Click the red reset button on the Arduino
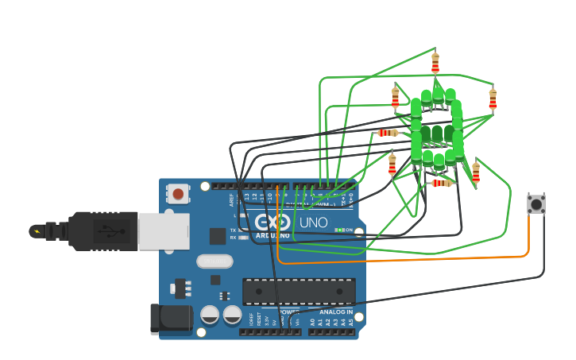(x=178, y=194)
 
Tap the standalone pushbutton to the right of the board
(x=536, y=203)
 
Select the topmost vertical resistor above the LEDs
(x=435, y=61)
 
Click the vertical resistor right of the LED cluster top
(x=493, y=99)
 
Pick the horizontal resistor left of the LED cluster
(x=387, y=133)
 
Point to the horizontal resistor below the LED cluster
(x=441, y=183)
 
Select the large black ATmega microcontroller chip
(x=299, y=291)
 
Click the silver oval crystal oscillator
(x=215, y=261)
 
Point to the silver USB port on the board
(x=163, y=231)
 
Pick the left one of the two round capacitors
(x=210, y=315)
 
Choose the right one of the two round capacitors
(x=232, y=315)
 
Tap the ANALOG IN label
(x=337, y=312)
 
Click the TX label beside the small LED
(x=233, y=230)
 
